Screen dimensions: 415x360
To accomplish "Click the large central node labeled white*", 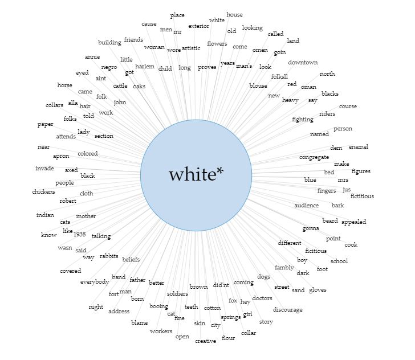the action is (196, 175).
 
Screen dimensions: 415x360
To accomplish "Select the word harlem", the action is (145, 67).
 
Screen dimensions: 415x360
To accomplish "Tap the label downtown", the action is (303, 63).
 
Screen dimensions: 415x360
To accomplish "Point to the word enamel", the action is (359, 146).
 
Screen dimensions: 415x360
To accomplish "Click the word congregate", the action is (314, 157).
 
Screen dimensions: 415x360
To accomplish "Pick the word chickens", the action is (44, 191).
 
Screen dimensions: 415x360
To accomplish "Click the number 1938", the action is (80, 234).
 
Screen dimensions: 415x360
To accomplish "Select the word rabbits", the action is (109, 256).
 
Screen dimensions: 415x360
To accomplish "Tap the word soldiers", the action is (178, 293).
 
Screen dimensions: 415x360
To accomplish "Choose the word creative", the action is (205, 341).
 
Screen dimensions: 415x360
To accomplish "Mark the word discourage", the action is (288, 309).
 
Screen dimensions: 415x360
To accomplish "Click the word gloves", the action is (318, 290).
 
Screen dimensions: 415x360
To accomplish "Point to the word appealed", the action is (353, 222).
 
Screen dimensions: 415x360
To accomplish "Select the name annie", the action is (92, 56).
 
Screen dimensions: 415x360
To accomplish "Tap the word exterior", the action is (199, 26).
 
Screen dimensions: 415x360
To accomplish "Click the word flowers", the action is (217, 43).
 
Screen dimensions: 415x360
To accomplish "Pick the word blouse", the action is (258, 85).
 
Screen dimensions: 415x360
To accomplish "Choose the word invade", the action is (44, 168).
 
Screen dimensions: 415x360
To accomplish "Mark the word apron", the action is (61, 156).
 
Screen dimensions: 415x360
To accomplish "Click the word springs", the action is (231, 317).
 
